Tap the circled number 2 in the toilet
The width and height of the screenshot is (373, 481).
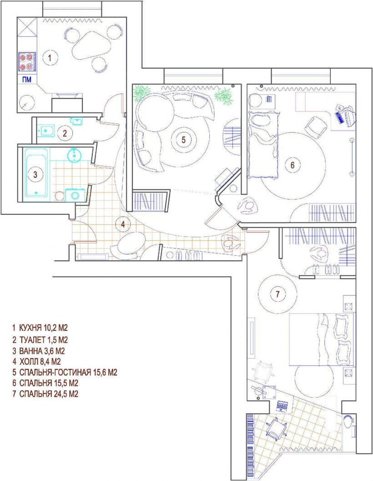[65, 133]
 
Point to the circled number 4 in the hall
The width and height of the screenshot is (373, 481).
[123, 224]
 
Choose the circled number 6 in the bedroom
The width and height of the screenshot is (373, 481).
[292, 165]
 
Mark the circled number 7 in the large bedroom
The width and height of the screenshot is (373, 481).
[277, 294]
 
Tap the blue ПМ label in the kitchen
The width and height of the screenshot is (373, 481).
[26, 80]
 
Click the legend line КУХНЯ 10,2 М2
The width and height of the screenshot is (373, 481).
[40, 328]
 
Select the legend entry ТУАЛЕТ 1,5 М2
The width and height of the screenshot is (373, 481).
[40, 340]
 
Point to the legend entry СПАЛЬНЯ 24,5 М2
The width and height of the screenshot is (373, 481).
[45, 394]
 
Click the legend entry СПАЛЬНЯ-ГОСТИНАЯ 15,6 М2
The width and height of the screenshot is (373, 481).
[65, 372]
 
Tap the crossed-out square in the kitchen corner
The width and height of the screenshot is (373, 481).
[27, 27]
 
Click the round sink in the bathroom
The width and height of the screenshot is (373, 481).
[74, 155]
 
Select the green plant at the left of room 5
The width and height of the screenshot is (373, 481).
[142, 92]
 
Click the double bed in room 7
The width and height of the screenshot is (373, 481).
[322, 339]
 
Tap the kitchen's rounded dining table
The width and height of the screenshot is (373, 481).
[91, 46]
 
